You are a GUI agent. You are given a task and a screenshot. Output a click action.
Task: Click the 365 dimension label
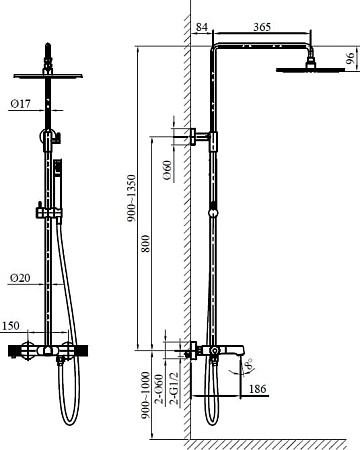[x=262, y=27]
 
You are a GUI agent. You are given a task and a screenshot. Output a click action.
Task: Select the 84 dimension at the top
[x=202, y=27]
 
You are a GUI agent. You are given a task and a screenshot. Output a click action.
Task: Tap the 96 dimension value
[x=350, y=58]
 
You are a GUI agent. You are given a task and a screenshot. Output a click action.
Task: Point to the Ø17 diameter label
[x=20, y=104]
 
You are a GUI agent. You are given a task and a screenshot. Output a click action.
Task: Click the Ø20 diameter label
[x=20, y=278]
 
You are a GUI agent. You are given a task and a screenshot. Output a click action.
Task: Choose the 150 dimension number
[x=11, y=326]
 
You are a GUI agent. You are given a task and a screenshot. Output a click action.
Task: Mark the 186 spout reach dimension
[x=258, y=389]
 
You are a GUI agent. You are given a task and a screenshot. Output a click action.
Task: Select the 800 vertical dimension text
[x=145, y=243]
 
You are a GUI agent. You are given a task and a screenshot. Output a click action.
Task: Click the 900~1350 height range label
[x=132, y=198]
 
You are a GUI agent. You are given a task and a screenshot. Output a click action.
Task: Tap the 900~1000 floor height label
[x=145, y=395]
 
